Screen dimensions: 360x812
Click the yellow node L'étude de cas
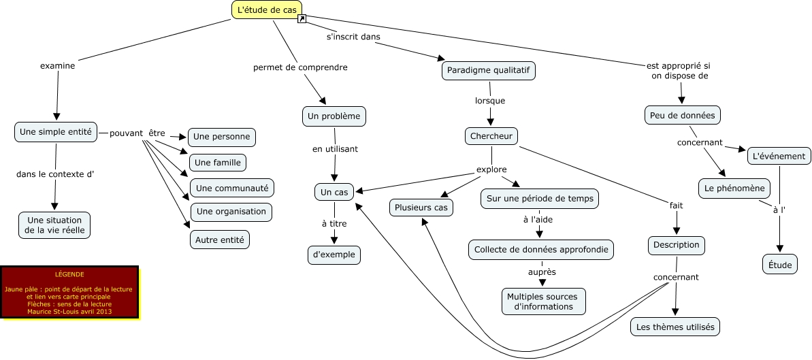click(x=267, y=10)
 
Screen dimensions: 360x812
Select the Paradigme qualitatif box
click(x=489, y=70)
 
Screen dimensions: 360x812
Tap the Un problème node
click(x=334, y=116)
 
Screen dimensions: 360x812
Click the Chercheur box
click(x=491, y=136)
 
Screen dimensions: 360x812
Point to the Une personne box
click(x=221, y=137)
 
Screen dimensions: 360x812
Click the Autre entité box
click(x=220, y=240)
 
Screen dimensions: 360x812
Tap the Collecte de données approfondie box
click(x=541, y=249)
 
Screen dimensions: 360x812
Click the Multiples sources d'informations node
click(x=542, y=301)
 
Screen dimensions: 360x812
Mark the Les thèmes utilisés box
click(x=675, y=327)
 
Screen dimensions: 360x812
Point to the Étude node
click(x=779, y=265)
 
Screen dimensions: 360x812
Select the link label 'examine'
click(x=57, y=66)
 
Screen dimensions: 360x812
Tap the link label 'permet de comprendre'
click(x=300, y=67)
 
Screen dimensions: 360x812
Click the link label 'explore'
click(x=491, y=169)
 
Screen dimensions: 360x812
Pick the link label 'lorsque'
click(x=489, y=101)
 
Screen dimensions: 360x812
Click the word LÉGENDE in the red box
click(x=69, y=274)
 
